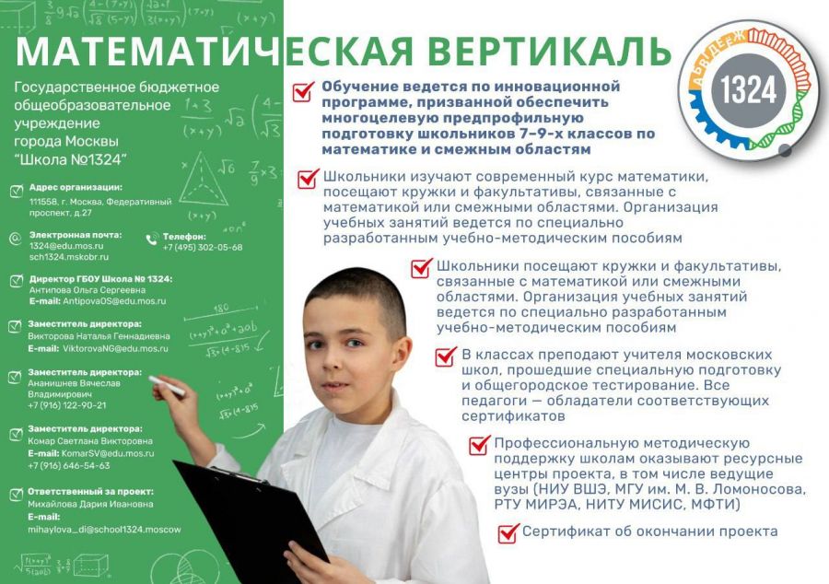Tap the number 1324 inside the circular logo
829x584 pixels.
pyautogui.click(x=748, y=89)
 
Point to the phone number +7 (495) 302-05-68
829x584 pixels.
pyautogui.click(x=203, y=248)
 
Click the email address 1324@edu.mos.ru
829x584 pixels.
pyautogui.click(x=66, y=246)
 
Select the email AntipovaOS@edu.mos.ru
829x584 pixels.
pyautogui.click(x=114, y=301)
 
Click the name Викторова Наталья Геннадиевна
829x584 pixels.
pyautogui.click(x=99, y=336)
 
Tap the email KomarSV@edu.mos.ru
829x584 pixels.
pyautogui.click(x=108, y=453)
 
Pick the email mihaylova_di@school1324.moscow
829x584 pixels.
pyautogui.click(x=104, y=530)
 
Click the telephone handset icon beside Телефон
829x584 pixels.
pyautogui.click(x=152, y=239)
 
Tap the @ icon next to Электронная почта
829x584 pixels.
pyautogui.click(x=16, y=239)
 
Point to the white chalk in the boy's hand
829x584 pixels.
pyautogui.click(x=167, y=386)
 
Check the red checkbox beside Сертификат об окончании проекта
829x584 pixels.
pyautogui.click(x=508, y=532)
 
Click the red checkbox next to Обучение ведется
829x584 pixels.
pyautogui.click(x=303, y=91)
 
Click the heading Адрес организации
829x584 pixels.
pyautogui.click(x=76, y=187)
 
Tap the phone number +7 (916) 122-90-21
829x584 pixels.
pyautogui.click(x=66, y=405)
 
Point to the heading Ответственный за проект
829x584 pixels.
pyautogui.click(x=90, y=492)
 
